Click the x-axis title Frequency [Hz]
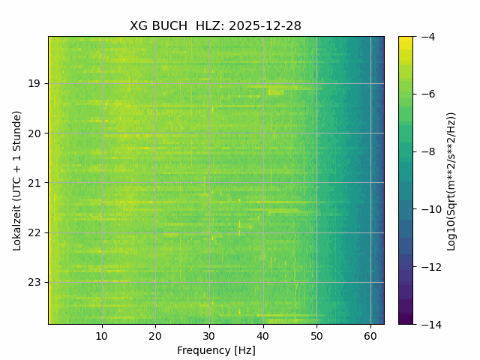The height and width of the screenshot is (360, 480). coord(216,350)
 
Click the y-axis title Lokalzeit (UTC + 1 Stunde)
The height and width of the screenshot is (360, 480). coord(16,180)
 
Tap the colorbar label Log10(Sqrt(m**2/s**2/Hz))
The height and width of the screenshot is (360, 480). coord(451,180)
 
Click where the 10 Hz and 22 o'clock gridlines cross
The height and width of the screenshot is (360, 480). coord(102,232)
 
